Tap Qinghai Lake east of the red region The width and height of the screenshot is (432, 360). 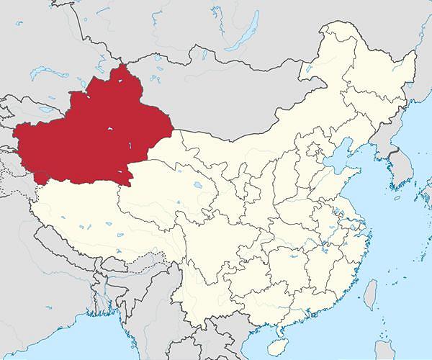pyautogui.click(x=198, y=185)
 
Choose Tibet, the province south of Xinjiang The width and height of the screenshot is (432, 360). pyautogui.click(x=94, y=216)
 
